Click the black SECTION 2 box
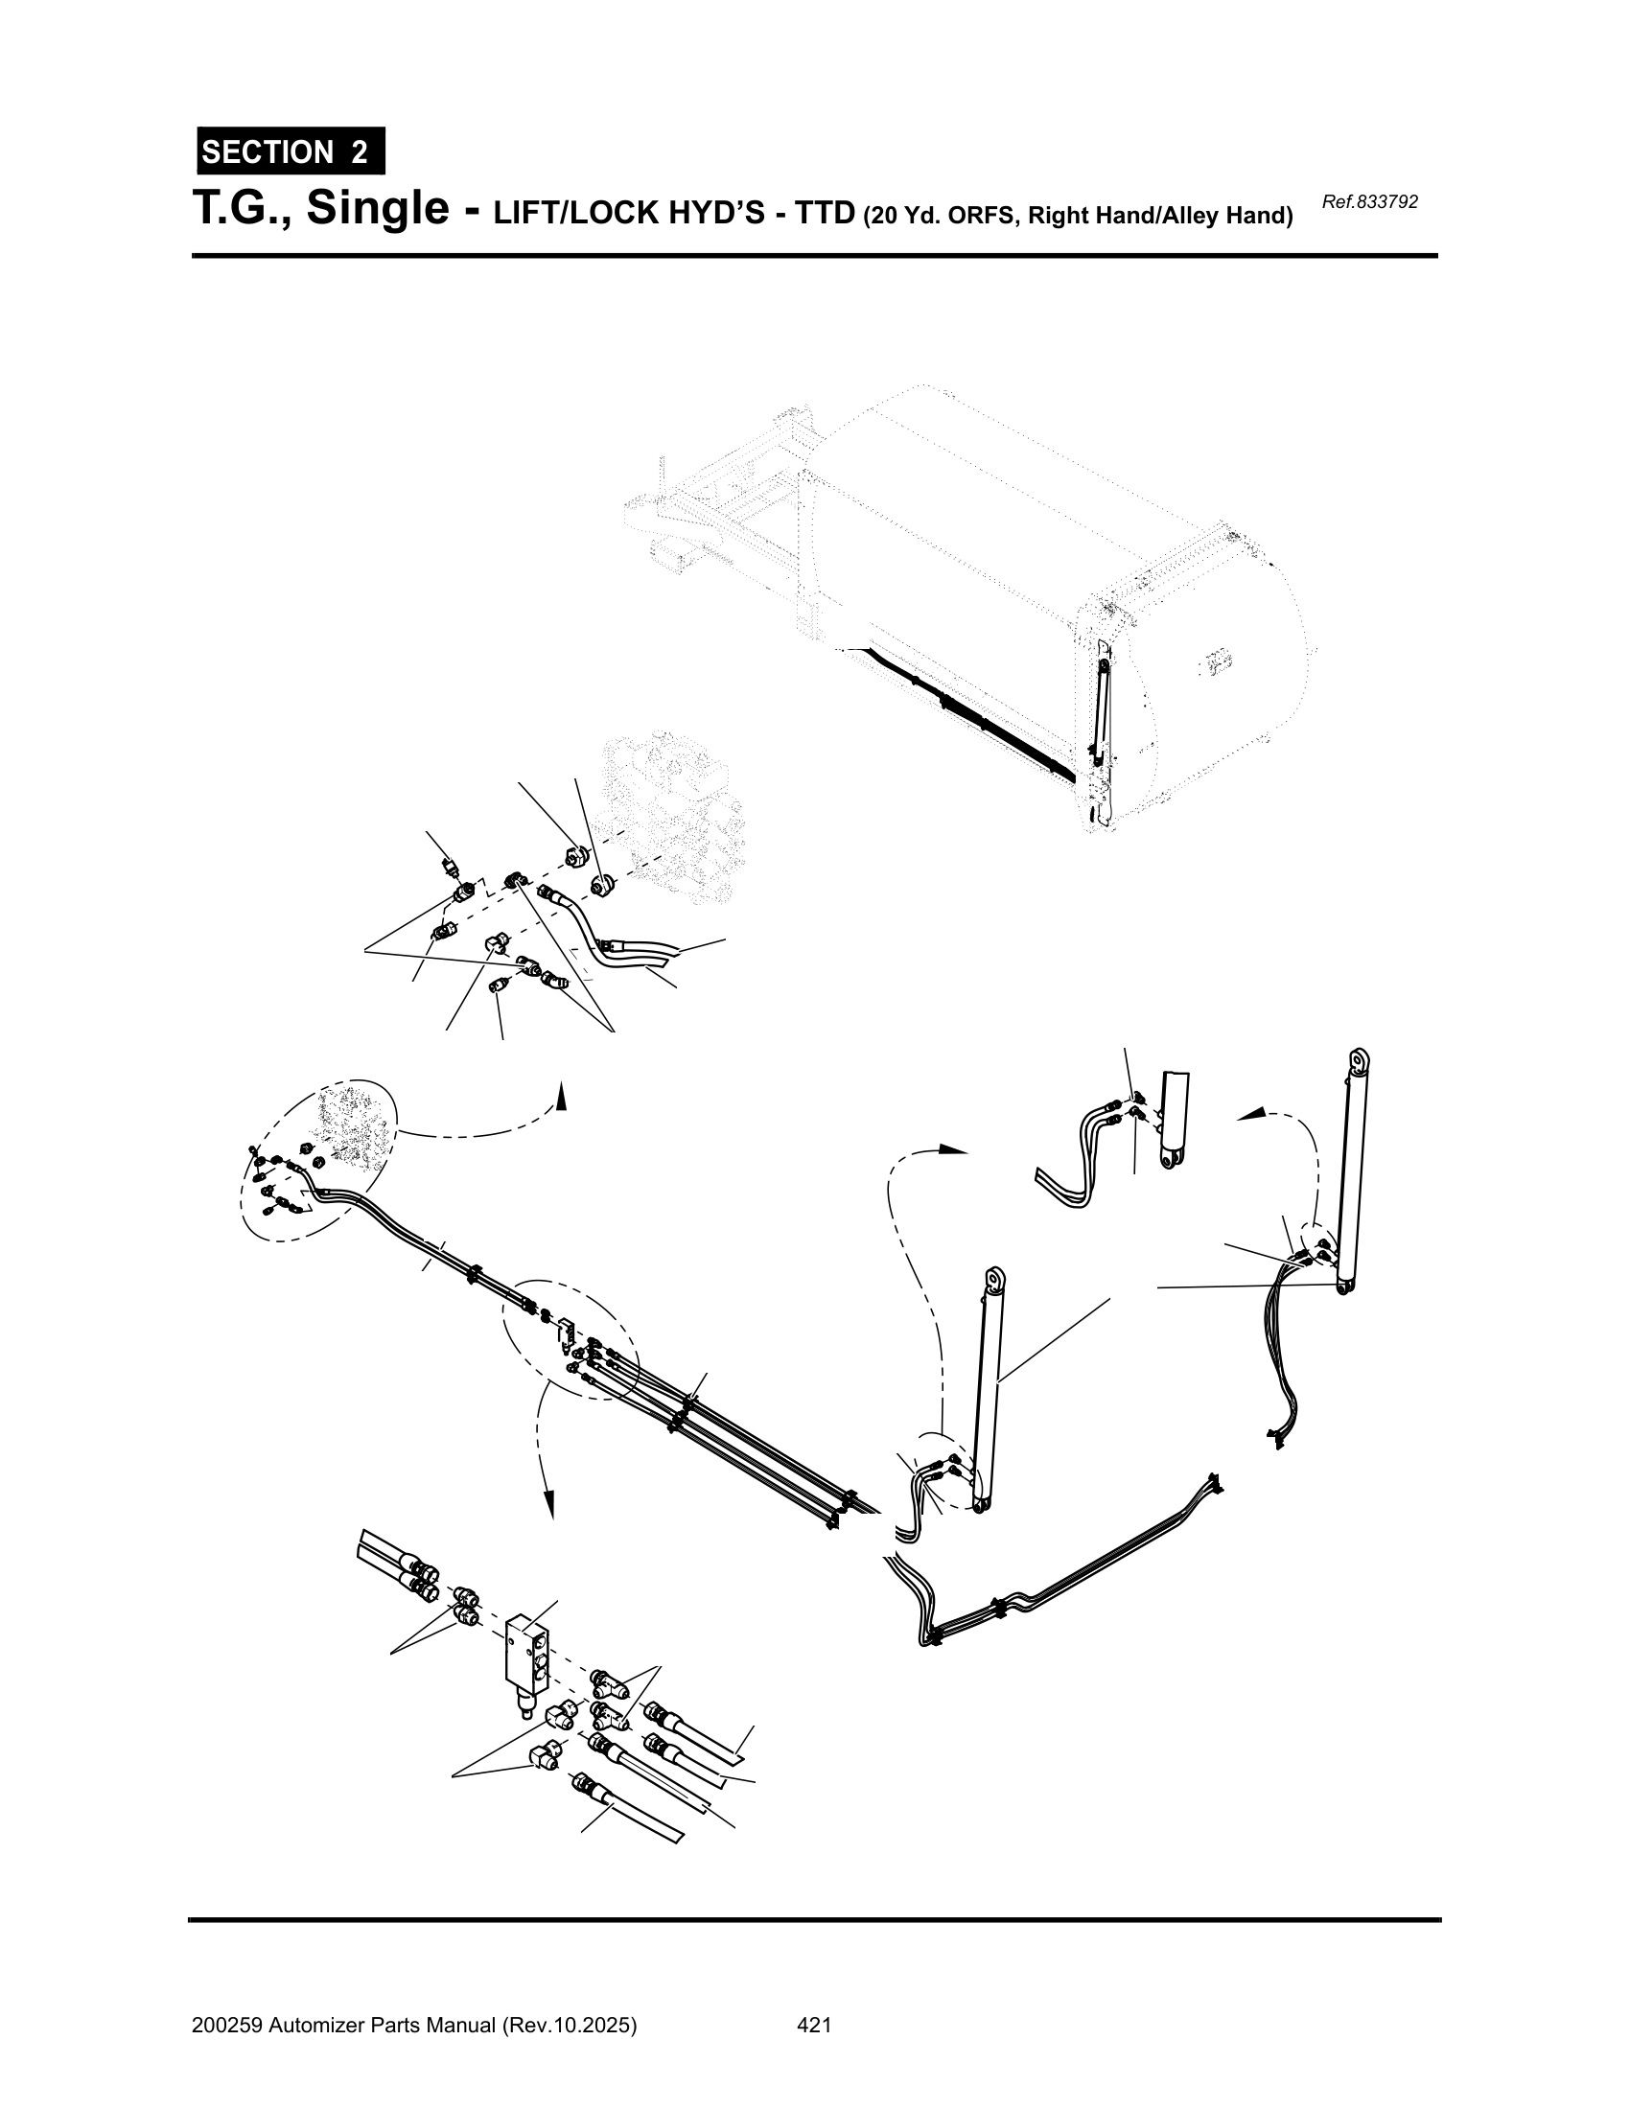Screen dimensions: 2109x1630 pos(291,151)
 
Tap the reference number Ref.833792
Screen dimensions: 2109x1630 pos(1369,202)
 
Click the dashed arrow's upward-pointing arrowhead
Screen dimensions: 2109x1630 pos(561,1094)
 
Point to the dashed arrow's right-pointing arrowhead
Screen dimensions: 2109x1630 pos(954,1149)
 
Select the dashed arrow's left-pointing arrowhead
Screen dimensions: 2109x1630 pos(1250,1114)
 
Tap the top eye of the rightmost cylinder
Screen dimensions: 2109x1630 pos(1361,1059)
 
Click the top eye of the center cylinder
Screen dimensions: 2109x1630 pos(994,1279)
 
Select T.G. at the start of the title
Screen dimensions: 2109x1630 pos(242,210)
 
